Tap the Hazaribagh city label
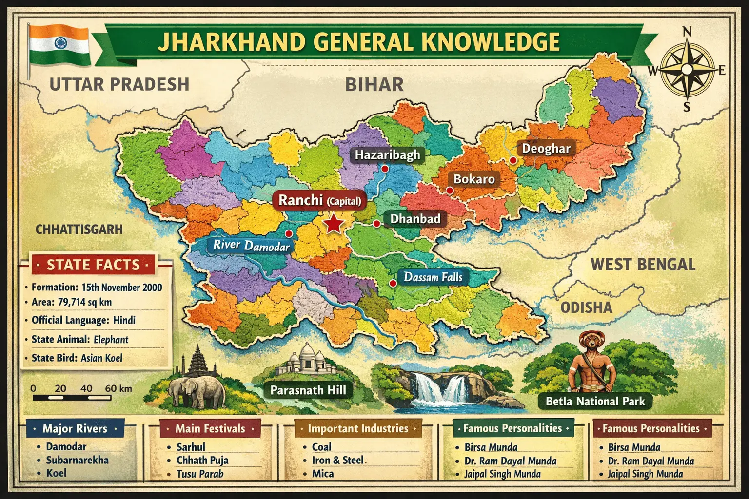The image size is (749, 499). click(387, 155)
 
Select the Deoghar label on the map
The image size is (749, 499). click(546, 148)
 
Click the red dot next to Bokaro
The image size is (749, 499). click(449, 191)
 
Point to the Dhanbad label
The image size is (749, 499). click(415, 219)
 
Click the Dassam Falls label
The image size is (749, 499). click(433, 277)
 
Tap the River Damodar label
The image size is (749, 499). click(251, 245)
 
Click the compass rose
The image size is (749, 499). click(686, 70)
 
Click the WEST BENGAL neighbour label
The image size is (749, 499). click(643, 265)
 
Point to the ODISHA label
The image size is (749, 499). click(586, 307)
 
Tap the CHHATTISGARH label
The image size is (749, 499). click(79, 229)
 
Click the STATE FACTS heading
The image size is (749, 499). click(93, 265)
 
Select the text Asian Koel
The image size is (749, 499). click(101, 358)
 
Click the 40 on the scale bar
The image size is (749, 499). click(86, 388)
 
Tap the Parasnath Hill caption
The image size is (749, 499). click(308, 390)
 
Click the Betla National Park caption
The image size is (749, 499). click(595, 402)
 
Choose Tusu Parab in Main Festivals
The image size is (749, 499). click(200, 474)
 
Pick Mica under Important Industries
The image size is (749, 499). click(323, 474)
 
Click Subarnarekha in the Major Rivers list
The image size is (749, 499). click(77, 460)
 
